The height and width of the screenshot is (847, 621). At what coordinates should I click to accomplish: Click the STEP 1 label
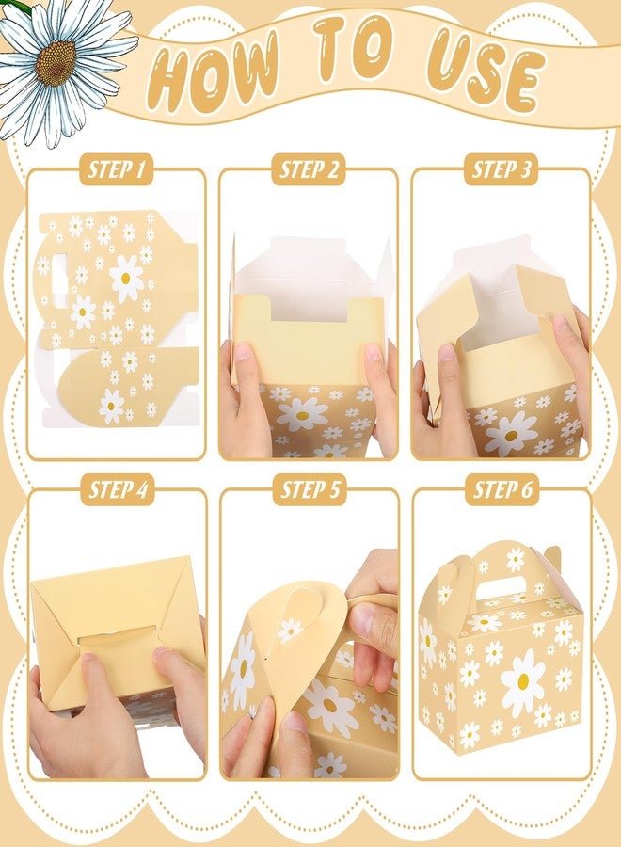tap(117, 169)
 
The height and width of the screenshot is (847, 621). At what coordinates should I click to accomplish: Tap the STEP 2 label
tap(309, 169)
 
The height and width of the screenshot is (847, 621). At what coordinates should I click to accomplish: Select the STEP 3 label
tap(501, 169)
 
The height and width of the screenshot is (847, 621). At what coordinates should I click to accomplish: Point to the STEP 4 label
tap(117, 490)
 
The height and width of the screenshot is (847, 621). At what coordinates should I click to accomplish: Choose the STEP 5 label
tap(310, 490)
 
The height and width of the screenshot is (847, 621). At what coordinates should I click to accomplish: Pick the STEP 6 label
tap(502, 490)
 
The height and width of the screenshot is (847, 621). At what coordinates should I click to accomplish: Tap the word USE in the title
tap(484, 72)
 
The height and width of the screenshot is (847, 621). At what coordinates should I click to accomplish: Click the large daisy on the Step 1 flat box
tap(126, 278)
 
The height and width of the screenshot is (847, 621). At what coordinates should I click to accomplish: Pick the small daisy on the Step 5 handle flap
tap(290, 631)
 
